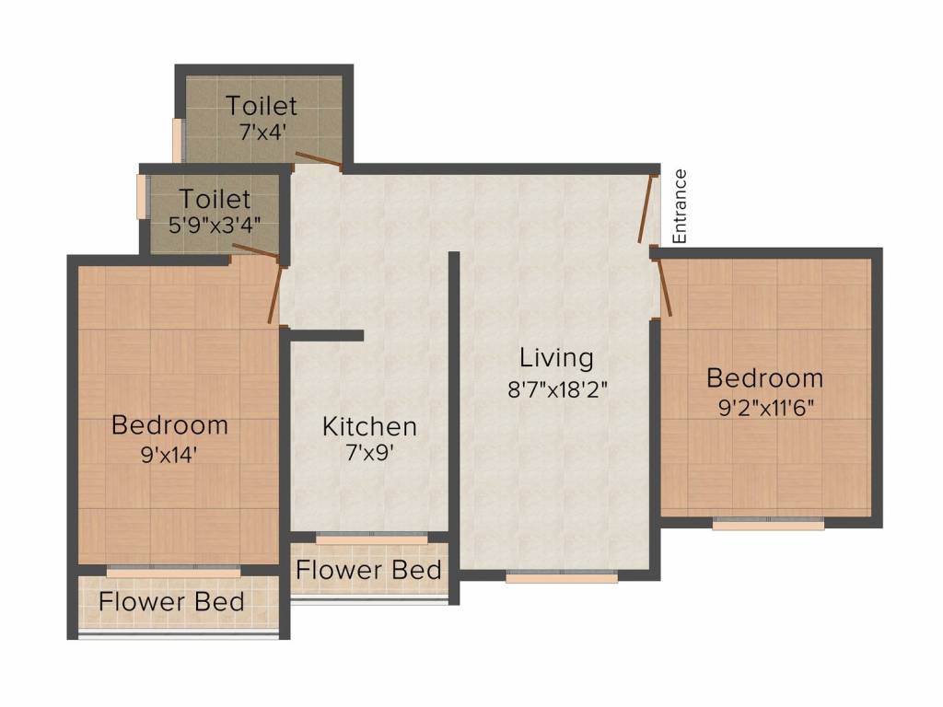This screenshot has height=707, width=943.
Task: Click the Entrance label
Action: pos(679,206)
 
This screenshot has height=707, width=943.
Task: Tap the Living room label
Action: pos(556,358)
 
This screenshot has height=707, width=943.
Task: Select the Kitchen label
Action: pos(369,426)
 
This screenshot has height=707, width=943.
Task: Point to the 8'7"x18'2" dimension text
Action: pos(557,389)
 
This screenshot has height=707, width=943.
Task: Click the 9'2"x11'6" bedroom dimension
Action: pos(765,408)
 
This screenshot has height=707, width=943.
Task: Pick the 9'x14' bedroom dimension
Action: pos(169,455)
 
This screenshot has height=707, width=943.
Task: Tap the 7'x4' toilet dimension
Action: pos(262,132)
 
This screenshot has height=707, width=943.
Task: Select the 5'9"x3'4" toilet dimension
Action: pos(215,226)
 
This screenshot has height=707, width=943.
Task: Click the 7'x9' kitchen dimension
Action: pos(370,453)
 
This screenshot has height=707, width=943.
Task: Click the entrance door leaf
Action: pos(646,209)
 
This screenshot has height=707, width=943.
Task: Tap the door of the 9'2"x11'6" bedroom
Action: pos(665,287)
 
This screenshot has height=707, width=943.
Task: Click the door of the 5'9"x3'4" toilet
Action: pos(255,252)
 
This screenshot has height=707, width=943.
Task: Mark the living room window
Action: pos(562,577)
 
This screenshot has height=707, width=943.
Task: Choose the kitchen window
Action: pos(372,539)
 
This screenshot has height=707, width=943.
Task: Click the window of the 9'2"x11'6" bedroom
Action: pos(768,524)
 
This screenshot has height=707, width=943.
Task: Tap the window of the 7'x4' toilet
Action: pos(178,140)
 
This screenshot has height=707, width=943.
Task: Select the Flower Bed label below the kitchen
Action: pos(368,570)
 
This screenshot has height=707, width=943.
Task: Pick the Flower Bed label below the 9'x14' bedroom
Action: pos(171,602)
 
